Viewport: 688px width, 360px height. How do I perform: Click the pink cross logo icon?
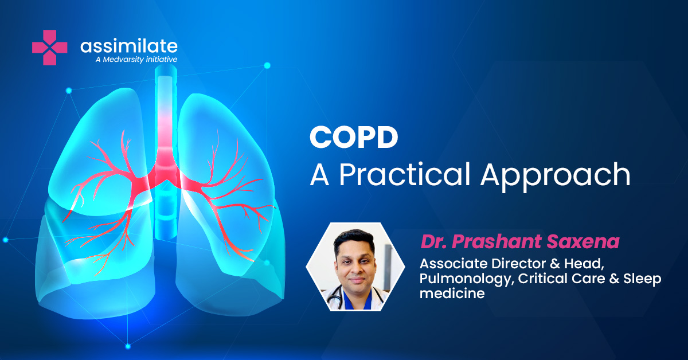pos(49,48)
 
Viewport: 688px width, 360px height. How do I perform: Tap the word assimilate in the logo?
pos(129,46)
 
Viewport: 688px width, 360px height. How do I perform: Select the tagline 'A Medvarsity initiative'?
pos(136,59)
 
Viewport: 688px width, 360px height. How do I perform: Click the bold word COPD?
pos(354,137)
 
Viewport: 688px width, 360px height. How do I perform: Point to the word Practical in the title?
pos(405,174)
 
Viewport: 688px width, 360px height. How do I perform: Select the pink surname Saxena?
pos(583,241)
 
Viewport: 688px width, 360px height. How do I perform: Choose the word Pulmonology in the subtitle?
pos(467,279)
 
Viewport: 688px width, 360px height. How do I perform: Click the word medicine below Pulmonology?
pos(452,293)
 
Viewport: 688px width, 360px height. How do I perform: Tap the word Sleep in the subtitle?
pos(642,279)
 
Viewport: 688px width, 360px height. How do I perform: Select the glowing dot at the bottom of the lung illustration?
pos(128,346)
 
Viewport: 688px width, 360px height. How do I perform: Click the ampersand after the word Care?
pos(613,278)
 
